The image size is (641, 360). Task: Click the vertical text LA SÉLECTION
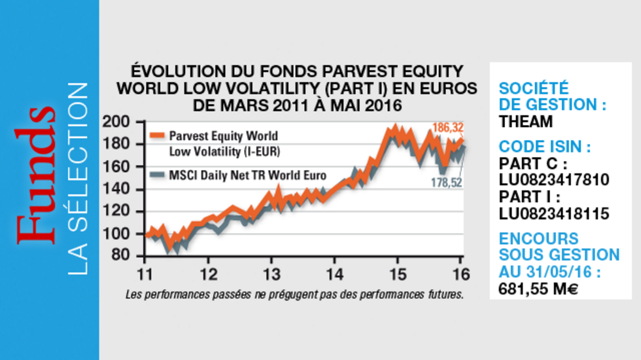point(78,178)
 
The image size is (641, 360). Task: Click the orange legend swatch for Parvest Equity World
point(157,136)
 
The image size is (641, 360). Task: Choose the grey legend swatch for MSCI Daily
point(157,175)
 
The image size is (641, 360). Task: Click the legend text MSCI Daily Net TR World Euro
point(247,175)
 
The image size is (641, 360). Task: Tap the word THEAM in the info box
point(526,121)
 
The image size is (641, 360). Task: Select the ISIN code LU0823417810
point(553,179)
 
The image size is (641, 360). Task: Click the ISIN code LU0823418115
point(553,213)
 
